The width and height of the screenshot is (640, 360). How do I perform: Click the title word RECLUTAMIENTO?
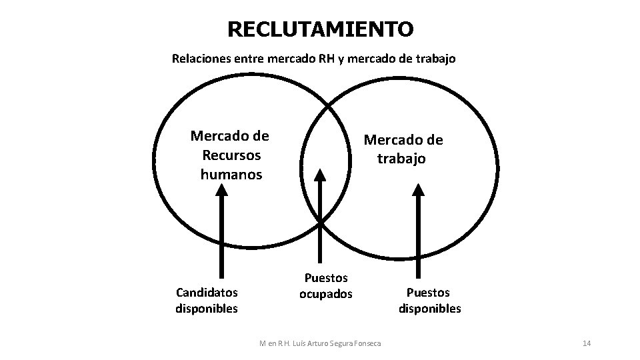click(x=320, y=29)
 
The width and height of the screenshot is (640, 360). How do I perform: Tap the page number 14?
click(x=587, y=343)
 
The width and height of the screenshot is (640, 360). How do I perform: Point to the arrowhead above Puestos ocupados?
click(x=321, y=175)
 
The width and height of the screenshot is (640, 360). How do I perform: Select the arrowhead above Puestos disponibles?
click(x=419, y=190)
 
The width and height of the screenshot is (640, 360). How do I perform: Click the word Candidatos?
click(x=206, y=292)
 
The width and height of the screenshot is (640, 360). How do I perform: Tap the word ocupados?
click(x=325, y=294)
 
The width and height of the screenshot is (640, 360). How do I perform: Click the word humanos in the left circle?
click(x=231, y=175)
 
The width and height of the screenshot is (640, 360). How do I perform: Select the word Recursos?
click(x=230, y=155)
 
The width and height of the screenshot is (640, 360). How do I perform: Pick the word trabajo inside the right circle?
click(x=401, y=159)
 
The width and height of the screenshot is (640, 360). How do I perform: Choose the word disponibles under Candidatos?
click(x=206, y=308)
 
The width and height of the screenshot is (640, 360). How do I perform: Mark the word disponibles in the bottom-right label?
click(x=429, y=308)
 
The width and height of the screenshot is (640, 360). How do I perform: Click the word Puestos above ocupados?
click(x=325, y=277)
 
